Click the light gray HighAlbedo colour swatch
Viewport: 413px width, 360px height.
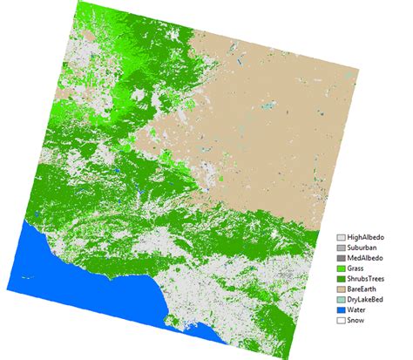[341, 236]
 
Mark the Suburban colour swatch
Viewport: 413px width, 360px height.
[341, 248]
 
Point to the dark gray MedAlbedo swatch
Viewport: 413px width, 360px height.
[341, 260]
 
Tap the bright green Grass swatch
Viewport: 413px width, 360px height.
[341, 271]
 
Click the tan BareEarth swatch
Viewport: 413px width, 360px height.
[341, 295]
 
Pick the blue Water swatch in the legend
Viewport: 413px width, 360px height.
[341, 318]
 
